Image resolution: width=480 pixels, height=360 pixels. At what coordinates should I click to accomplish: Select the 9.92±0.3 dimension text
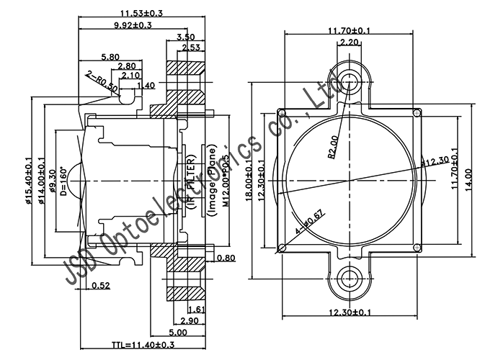pyautogui.click(x=132, y=25)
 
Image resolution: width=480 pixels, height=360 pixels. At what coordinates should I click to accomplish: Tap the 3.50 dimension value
pyautogui.click(x=185, y=37)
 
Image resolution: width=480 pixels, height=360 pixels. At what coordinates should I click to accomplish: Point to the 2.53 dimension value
pyautogui.click(x=190, y=48)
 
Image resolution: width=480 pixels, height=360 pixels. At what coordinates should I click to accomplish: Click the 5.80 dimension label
pyautogui.click(x=110, y=56)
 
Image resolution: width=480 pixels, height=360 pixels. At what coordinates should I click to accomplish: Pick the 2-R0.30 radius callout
pyautogui.click(x=102, y=81)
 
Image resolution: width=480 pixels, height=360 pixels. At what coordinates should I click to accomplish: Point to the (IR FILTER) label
pyautogui.click(x=192, y=179)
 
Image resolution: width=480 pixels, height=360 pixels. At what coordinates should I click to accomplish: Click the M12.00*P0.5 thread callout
pyautogui.click(x=225, y=180)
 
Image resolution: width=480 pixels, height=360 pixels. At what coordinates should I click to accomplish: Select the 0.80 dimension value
pyautogui.click(x=226, y=258)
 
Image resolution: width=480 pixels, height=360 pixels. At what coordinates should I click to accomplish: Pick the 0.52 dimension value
pyautogui.click(x=102, y=287)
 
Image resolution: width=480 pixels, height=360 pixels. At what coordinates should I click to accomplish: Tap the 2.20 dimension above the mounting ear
pyautogui.click(x=349, y=42)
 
